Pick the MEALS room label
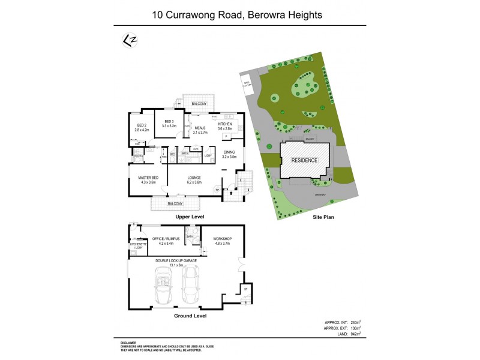click(200, 128)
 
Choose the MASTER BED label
click(148, 178)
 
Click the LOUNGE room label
click(194, 178)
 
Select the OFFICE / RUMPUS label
click(166, 239)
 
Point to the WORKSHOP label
click(222, 239)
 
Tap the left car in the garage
click(163, 286)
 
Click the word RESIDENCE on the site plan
click(305, 161)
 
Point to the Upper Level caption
click(190, 216)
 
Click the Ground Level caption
click(190, 315)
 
